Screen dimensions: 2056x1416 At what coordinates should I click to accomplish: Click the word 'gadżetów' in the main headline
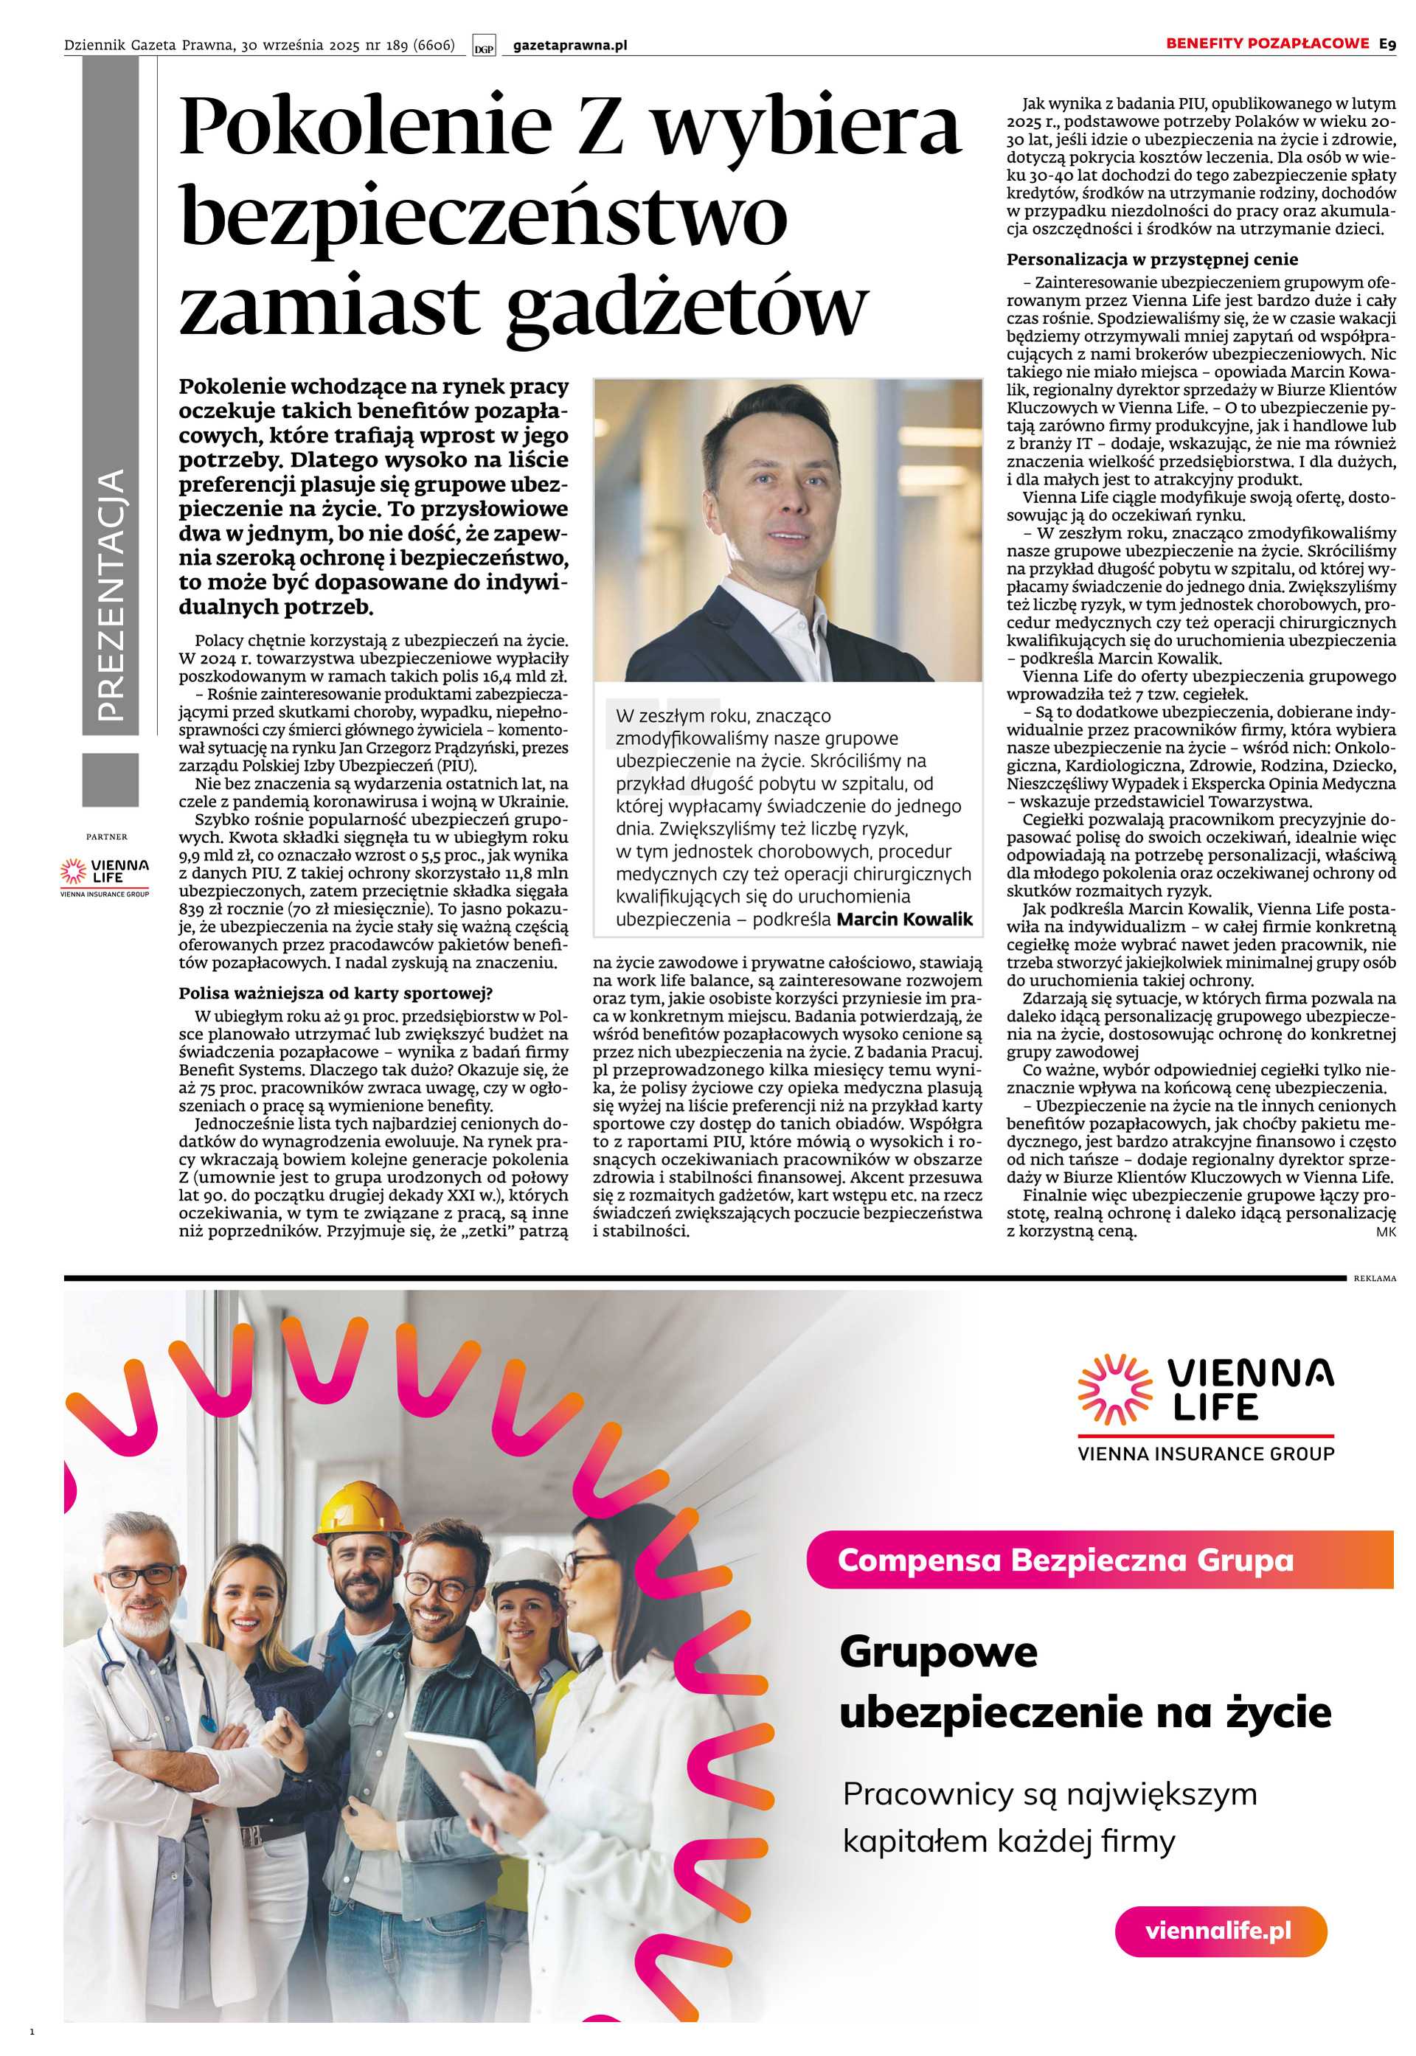(x=687, y=307)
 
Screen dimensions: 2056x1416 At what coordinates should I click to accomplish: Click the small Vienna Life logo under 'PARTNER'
(x=105, y=875)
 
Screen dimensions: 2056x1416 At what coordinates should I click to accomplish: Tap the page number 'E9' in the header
(x=1386, y=44)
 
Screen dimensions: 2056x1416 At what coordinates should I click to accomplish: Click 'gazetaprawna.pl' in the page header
(x=569, y=45)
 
